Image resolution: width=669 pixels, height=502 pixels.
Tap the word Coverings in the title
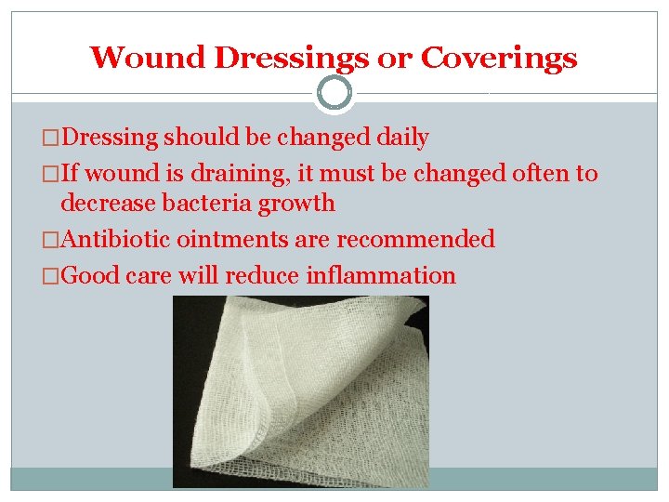(x=499, y=58)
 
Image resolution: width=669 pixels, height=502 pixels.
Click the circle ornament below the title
(x=334, y=93)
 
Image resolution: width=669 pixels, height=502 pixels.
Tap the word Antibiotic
(x=115, y=239)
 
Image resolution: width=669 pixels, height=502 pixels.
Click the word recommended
(x=415, y=239)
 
